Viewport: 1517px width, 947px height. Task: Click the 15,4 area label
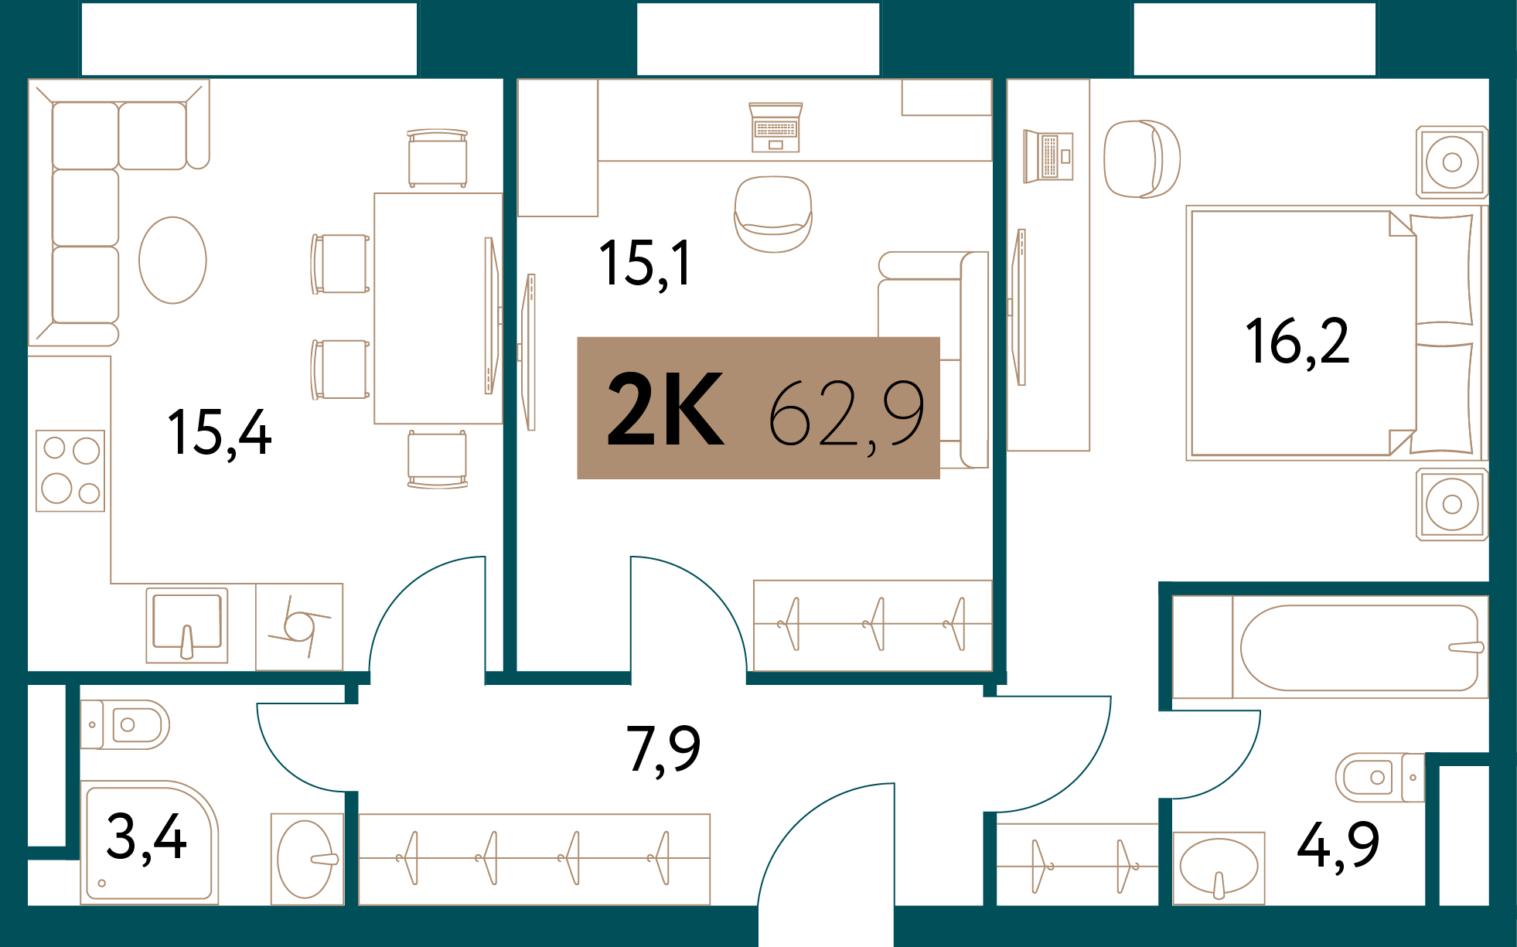pos(220,434)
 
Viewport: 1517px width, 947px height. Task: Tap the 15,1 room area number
pos(645,264)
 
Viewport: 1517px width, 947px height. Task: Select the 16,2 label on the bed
pos(1297,342)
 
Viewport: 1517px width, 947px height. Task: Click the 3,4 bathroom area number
pos(146,837)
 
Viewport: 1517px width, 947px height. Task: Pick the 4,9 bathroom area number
pos(1338,846)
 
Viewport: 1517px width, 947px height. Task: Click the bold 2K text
pos(666,409)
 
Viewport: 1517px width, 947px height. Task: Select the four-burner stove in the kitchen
pos(70,471)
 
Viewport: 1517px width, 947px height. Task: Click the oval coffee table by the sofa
pos(172,260)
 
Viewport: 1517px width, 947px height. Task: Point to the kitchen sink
pos(187,625)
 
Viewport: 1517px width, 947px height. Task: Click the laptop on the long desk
pos(776,128)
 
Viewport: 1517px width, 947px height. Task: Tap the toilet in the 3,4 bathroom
pos(125,724)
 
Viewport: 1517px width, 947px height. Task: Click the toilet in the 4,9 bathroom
pos(1380,777)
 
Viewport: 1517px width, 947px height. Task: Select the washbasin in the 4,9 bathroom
pos(1219,867)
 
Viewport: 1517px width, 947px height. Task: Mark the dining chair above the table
pos(438,158)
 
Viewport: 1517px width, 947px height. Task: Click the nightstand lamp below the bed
pos(1452,505)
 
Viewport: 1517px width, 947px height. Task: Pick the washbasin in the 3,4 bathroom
pos(307,859)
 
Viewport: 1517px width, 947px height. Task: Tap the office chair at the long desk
pos(773,214)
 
